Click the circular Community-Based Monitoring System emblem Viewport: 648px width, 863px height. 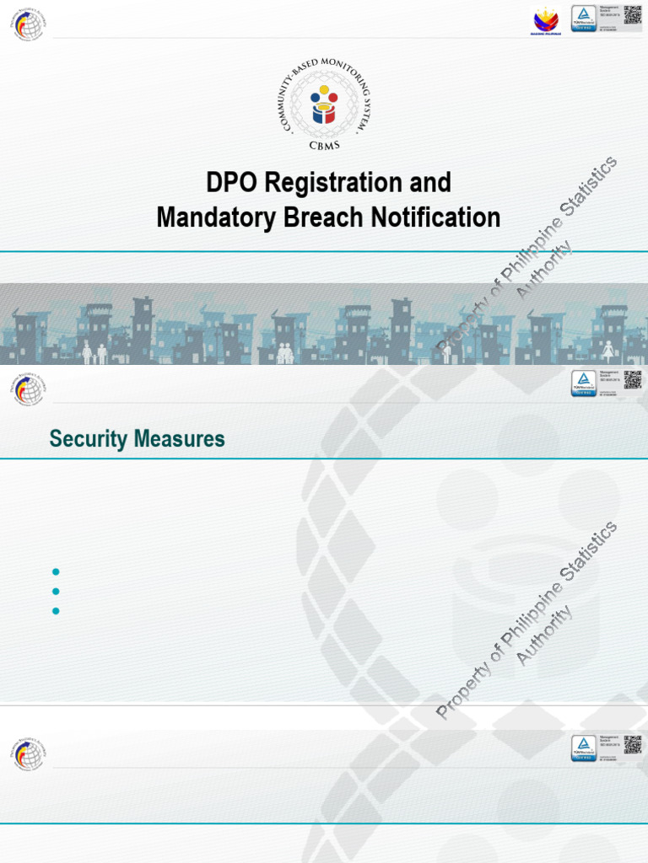pyautogui.click(x=324, y=104)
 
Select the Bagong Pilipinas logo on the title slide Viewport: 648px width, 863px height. pyautogui.click(x=545, y=20)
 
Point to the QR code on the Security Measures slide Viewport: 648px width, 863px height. pyautogui.click(x=633, y=380)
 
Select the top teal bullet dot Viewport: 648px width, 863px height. pyautogui.click(x=56, y=572)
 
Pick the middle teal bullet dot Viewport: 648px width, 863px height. pyautogui.click(x=56, y=592)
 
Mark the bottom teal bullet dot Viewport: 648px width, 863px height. pyautogui.click(x=56, y=611)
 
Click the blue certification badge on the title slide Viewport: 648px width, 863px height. pyautogui.click(x=584, y=19)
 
